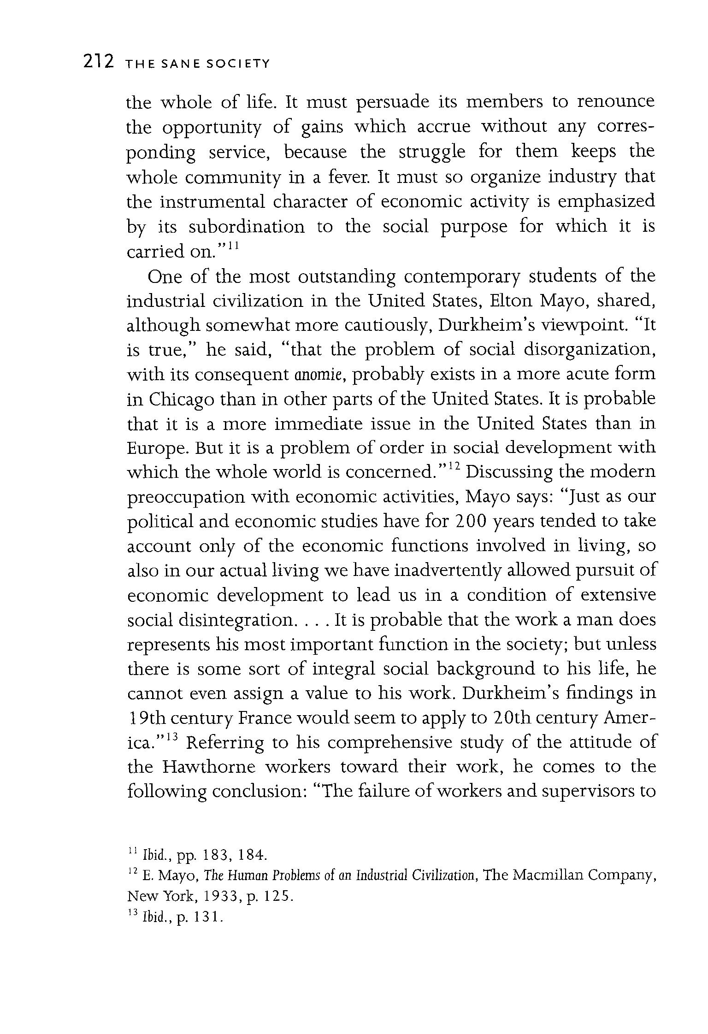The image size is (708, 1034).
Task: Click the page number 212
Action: click(x=98, y=61)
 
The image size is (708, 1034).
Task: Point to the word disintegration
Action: click(x=235, y=620)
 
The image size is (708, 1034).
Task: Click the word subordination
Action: click(x=247, y=227)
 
